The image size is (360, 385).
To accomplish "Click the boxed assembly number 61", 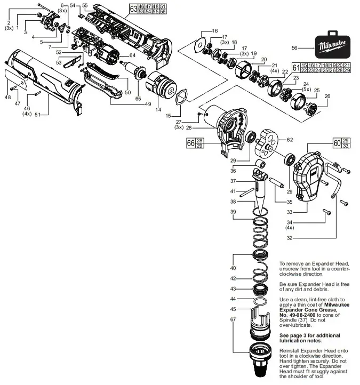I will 295,67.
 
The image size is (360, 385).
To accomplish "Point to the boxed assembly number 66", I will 191,143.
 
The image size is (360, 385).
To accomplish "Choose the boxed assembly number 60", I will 337,143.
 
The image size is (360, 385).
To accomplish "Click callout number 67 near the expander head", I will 233,319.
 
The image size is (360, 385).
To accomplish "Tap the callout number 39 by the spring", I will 233,212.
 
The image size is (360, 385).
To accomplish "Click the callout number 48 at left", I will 7,97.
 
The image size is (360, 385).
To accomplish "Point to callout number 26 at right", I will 327,96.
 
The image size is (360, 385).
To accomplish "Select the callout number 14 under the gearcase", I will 158,109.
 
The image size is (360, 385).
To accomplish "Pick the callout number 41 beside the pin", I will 233,191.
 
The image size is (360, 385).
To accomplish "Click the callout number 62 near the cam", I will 290,140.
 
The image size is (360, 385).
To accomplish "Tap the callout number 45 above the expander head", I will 233,309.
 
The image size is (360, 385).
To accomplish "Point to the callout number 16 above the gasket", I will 215,30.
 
